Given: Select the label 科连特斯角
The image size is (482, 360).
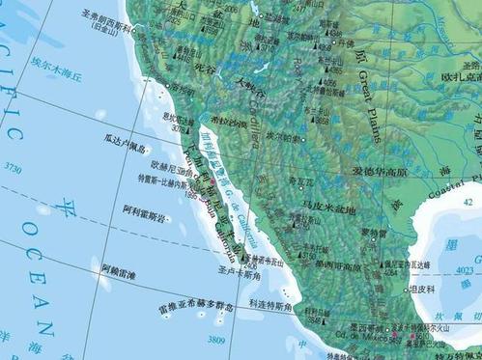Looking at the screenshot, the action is (x=273, y=305).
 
